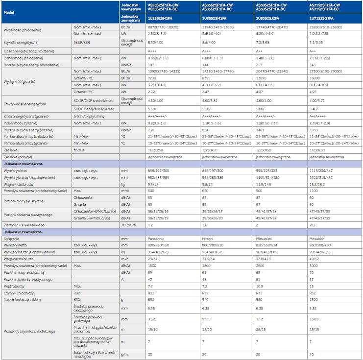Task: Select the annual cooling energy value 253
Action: click(259, 64)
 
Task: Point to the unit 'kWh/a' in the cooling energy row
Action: click(126, 64)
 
